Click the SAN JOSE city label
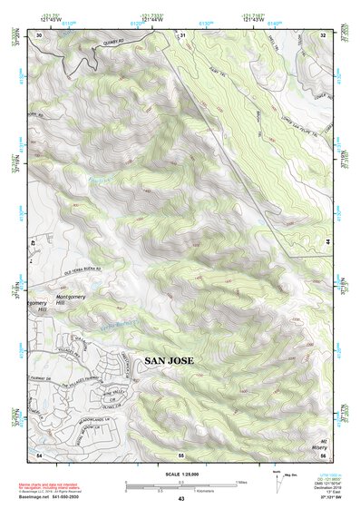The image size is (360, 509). point(169,361)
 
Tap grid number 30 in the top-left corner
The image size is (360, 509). point(39,34)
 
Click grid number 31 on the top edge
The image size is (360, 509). point(182,34)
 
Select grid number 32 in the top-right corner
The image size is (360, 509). point(323,34)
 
